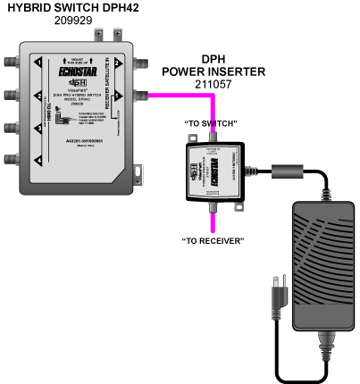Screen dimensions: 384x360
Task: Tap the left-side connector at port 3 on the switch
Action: tap(12, 129)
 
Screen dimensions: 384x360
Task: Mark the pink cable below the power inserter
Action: tap(213, 220)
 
